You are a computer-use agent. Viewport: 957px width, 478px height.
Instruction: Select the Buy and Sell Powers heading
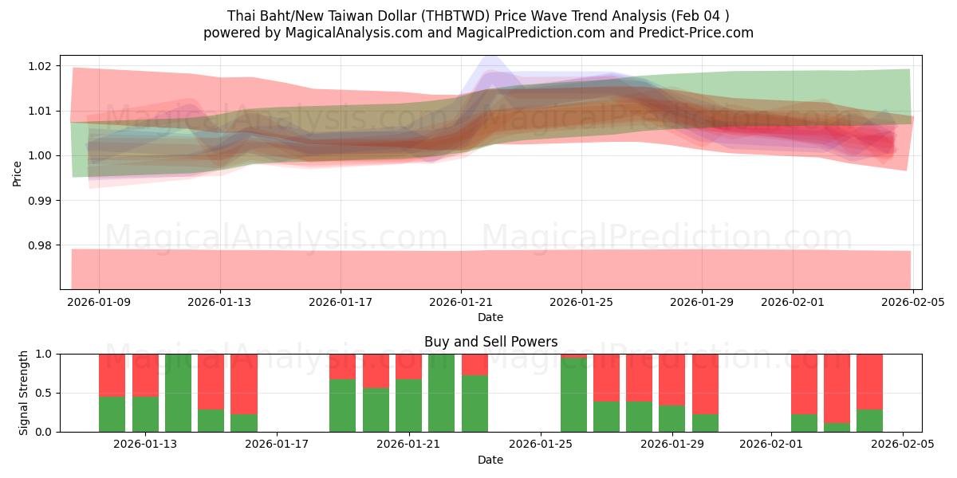point(490,342)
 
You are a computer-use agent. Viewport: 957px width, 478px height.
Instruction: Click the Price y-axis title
point(18,172)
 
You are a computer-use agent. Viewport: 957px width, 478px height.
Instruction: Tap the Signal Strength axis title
point(24,393)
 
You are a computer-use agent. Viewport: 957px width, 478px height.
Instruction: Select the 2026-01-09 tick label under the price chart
point(99,303)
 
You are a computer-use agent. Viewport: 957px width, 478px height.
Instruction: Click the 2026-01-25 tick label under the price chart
point(581,303)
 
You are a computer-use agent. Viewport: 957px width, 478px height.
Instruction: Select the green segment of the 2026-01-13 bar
point(145,414)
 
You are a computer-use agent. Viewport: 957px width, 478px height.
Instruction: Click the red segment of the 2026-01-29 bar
point(672,379)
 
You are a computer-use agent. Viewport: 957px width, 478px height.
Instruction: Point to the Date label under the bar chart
point(490,460)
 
